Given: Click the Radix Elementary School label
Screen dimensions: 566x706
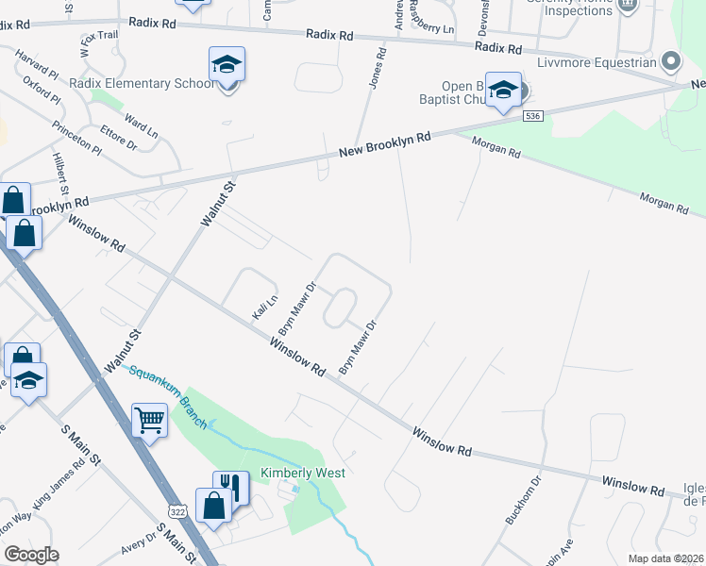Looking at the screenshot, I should click(x=143, y=83).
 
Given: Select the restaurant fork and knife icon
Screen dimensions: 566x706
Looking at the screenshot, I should click(x=230, y=487).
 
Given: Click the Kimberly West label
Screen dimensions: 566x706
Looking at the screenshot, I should click(x=303, y=473).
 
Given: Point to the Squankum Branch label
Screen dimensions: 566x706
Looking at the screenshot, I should click(x=168, y=396).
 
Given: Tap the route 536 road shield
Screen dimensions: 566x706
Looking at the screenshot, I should click(x=533, y=115).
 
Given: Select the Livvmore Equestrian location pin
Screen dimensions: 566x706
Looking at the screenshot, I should click(x=671, y=62).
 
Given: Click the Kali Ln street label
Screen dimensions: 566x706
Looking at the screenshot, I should click(x=263, y=306).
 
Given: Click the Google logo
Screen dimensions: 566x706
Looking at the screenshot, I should click(x=31, y=555).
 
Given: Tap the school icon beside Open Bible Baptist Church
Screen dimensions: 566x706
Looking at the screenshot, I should click(x=503, y=91).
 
